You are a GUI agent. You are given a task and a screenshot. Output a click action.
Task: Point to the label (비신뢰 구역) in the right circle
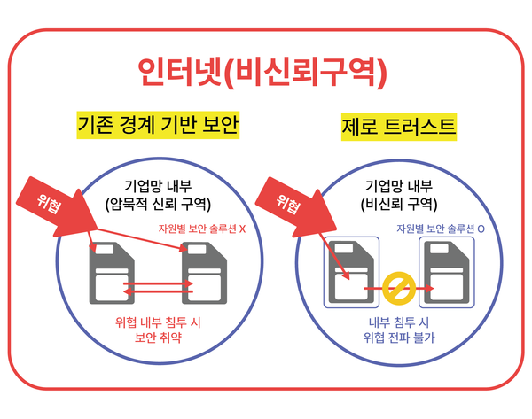tap(398, 203)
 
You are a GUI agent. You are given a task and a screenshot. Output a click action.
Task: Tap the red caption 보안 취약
tap(158, 338)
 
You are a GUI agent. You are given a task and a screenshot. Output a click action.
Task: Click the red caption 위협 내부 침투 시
tap(158, 322)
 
